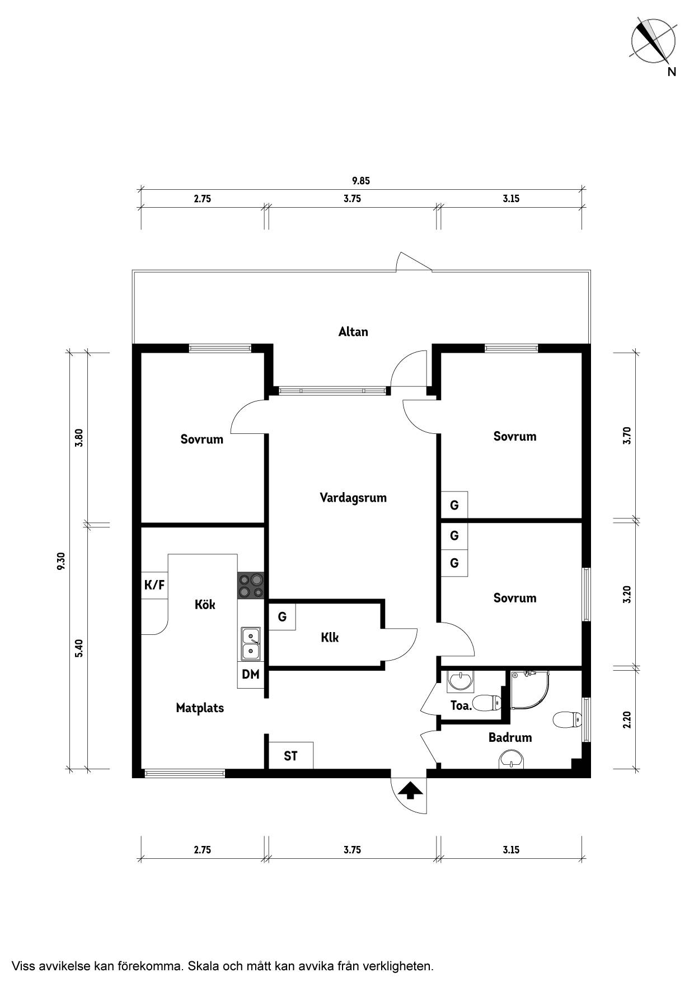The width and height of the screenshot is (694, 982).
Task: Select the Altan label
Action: tap(353, 331)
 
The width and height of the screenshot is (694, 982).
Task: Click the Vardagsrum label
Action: tap(353, 498)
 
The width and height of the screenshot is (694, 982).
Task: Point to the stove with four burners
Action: tap(251, 586)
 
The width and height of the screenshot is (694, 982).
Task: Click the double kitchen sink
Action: tap(251, 643)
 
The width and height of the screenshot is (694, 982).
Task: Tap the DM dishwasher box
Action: tap(251, 675)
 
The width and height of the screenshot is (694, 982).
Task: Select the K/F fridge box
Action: tap(154, 585)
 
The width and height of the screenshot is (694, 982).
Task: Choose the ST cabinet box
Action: tap(290, 756)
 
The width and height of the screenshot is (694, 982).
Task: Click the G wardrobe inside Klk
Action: tap(282, 616)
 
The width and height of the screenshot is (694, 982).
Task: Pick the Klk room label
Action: tap(330, 638)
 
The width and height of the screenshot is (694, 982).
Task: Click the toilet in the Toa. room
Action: tap(486, 702)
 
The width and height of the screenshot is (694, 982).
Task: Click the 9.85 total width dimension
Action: tap(361, 181)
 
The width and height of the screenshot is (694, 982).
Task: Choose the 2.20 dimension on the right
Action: tap(627, 719)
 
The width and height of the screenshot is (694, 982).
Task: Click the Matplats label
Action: tap(200, 708)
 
